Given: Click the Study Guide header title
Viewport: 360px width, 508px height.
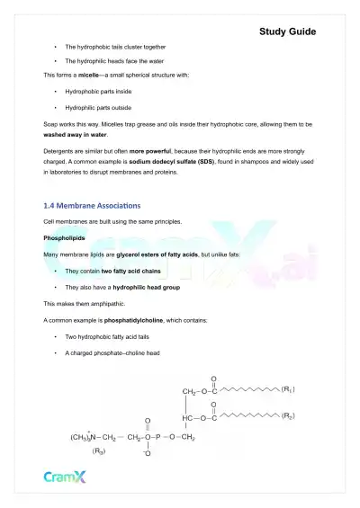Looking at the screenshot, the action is coord(287,31).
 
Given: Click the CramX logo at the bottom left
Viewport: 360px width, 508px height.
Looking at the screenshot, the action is coord(65,477).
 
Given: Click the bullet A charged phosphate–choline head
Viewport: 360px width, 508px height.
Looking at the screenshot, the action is coord(112,352).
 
